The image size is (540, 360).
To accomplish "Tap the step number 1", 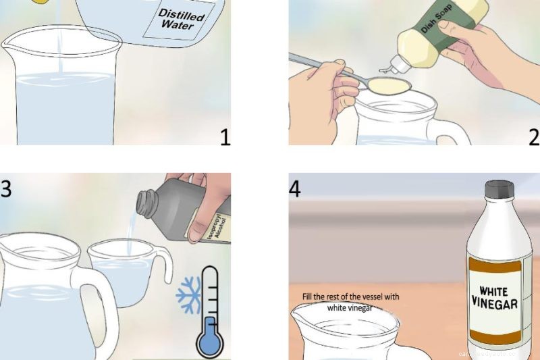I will click(x=225, y=138).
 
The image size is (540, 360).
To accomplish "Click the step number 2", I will click(x=534, y=138).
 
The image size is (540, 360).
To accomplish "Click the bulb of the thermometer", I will click(x=211, y=339).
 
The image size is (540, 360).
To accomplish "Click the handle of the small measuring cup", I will click(x=161, y=267).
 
